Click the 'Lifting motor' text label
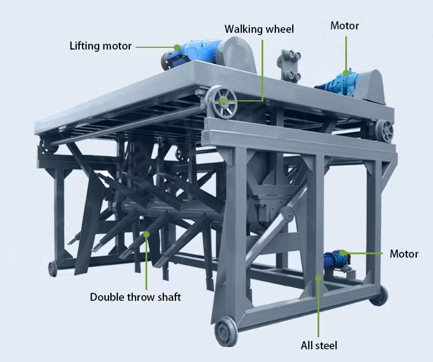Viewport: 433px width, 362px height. [100, 46]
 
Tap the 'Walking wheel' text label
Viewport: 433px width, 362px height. [259, 29]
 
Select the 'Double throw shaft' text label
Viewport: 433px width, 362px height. [136, 297]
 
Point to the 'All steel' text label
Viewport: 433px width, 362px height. [319, 346]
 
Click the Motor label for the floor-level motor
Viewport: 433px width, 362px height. [404, 254]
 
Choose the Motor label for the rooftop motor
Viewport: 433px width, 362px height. [345, 26]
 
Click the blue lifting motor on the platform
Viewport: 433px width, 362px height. [193, 54]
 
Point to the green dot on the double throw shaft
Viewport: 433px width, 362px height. [146, 235]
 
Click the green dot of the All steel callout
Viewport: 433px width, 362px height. [319, 278]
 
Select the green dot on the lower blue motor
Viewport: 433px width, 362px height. [342, 252]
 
